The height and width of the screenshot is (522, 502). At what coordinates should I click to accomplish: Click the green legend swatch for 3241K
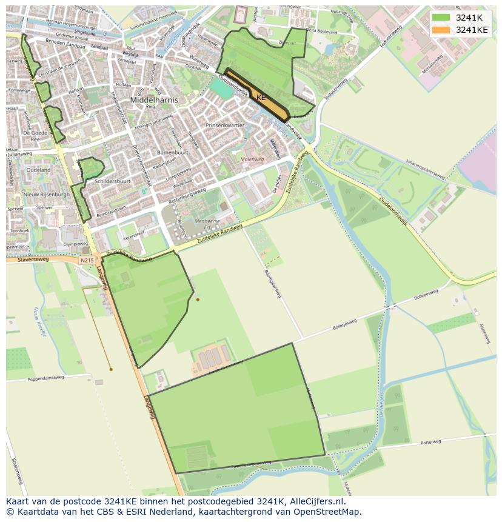coord(441,18)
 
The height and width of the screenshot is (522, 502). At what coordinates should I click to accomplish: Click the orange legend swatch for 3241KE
coord(441,30)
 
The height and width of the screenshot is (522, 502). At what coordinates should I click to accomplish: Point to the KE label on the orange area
coord(261,98)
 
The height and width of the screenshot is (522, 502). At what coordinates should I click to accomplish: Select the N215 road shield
coord(87,260)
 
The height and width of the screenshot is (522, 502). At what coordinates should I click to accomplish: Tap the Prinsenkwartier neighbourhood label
coord(224,125)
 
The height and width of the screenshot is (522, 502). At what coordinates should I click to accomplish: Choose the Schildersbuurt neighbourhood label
coord(113,181)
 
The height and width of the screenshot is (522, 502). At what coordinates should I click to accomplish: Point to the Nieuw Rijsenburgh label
coord(46,194)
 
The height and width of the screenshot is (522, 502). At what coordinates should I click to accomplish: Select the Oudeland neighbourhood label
coord(39,170)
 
